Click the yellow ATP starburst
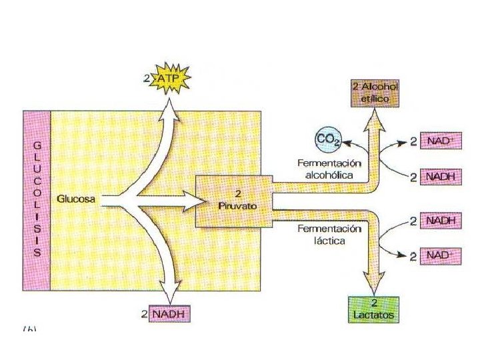tap(173, 79)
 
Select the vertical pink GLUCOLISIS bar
tap(37, 201)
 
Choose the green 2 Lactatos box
tap(373, 309)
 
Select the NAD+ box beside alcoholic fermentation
tap(442, 143)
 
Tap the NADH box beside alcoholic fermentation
tap(442, 177)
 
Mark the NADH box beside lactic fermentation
tap(442, 221)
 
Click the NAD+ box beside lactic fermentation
tap(442, 255)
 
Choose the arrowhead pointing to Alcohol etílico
tap(375, 117)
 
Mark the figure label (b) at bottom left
tap(31, 330)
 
